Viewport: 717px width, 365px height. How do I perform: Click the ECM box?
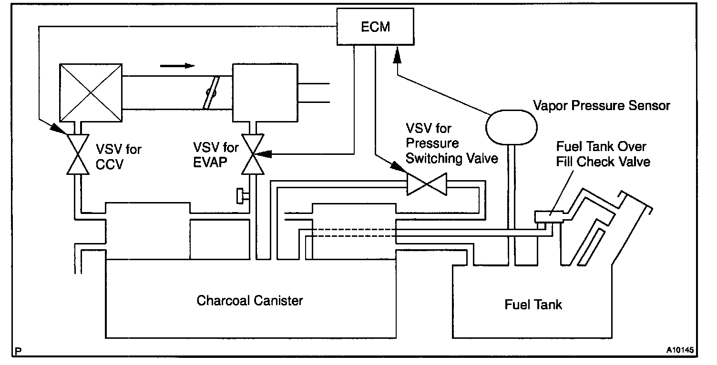coord(375,27)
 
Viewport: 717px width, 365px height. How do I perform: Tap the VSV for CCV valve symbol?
coord(78,154)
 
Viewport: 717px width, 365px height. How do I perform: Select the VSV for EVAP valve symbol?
coord(253,154)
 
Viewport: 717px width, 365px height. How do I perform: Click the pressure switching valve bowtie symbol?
coord(427,184)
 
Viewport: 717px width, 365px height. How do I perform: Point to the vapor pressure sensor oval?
coord(512,127)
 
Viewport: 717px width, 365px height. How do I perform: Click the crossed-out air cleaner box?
coord(91,93)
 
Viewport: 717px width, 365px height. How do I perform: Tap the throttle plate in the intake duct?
coord(211,93)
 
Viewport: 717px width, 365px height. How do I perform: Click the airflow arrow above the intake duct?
coord(177,66)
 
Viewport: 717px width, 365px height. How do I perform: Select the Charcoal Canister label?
coord(250,300)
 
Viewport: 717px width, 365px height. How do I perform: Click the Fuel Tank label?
coord(533,304)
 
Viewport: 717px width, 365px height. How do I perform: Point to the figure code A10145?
coord(680,350)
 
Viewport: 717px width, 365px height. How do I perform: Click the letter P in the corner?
coord(18,351)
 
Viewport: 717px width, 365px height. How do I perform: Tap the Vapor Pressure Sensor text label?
coord(602,106)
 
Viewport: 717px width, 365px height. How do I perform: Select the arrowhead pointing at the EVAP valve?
coord(263,154)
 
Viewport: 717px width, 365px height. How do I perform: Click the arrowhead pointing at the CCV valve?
coord(59,129)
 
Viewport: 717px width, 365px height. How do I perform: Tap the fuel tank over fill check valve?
coord(549,216)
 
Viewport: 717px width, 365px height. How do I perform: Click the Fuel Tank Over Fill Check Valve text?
coord(603,154)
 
